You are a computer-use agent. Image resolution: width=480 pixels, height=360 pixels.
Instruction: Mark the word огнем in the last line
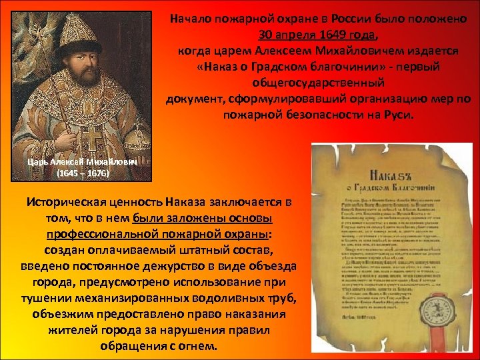[197, 347]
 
